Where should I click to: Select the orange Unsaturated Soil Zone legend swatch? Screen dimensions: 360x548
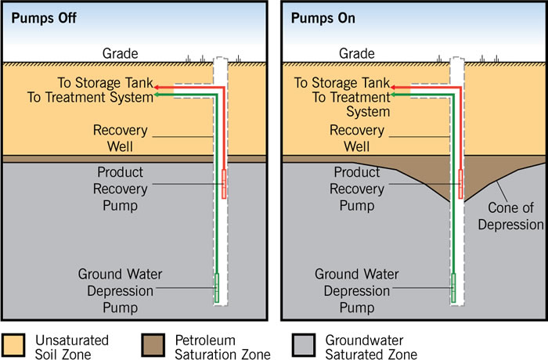point(16,345)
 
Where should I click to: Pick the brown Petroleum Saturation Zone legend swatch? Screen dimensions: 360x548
point(155,345)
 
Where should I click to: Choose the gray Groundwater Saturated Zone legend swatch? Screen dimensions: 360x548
point(301,345)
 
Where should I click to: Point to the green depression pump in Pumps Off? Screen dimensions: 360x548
point(217,287)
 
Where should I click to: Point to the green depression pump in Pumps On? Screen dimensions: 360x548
point(453,287)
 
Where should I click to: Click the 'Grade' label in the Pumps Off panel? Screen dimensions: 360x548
point(120,54)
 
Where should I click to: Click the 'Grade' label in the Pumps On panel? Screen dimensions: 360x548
point(356,54)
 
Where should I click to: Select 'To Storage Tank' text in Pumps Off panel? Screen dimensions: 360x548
point(105,83)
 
